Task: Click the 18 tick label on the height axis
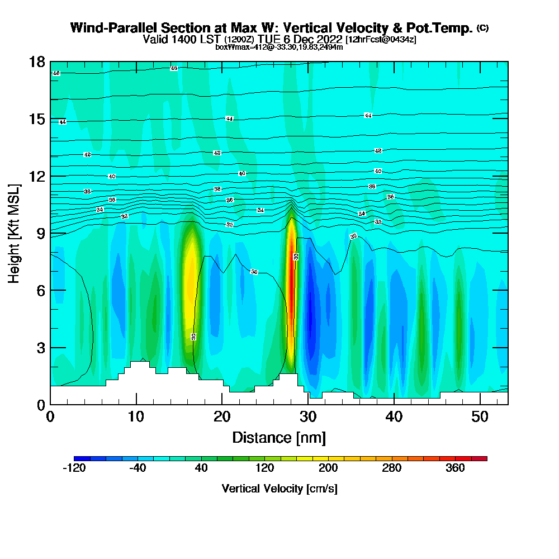[x=36, y=61]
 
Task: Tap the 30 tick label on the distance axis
[x=308, y=416]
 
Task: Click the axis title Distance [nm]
[x=279, y=437]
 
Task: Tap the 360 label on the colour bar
[x=455, y=468]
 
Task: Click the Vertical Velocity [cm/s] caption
[x=279, y=489]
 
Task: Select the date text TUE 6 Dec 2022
[x=299, y=39]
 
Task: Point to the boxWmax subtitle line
[x=279, y=47]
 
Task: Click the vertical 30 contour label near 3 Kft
[x=193, y=337]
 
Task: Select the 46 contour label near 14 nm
[x=174, y=68]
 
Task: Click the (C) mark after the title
[x=482, y=28]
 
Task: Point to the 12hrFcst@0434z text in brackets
[x=381, y=40]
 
